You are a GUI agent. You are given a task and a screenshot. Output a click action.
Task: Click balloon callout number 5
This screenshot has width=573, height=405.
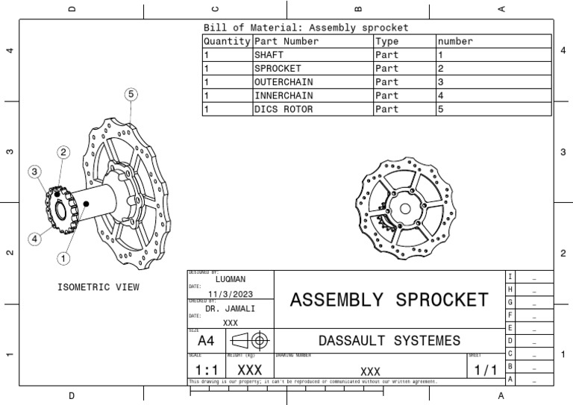[x=131, y=94]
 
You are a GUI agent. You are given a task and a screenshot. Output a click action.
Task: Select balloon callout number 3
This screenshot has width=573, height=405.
[x=34, y=172]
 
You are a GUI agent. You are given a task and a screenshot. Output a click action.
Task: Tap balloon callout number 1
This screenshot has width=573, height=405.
[x=64, y=259]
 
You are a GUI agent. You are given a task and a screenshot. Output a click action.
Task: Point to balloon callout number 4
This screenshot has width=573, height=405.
[x=34, y=239]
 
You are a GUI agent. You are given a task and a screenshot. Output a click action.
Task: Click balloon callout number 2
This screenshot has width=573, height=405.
[x=64, y=152]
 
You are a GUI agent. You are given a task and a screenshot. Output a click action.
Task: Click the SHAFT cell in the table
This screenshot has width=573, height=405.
[x=269, y=55]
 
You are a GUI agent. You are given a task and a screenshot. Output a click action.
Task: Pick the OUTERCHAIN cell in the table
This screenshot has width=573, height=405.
[x=283, y=82]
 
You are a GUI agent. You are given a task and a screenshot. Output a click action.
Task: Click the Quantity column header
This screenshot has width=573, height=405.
[x=227, y=42]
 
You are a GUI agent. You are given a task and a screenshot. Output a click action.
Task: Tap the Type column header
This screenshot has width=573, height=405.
[x=387, y=42]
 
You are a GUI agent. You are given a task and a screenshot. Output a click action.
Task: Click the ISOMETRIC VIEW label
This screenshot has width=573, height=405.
[x=98, y=287]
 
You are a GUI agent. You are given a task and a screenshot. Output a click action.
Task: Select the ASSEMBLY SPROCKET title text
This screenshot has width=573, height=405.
[x=389, y=300]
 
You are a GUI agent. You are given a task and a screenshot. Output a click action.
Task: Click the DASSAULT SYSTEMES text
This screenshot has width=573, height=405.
[x=389, y=341]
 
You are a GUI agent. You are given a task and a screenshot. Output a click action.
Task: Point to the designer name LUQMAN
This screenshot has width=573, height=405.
[x=231, y=278]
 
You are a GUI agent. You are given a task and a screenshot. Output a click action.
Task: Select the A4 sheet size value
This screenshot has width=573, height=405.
[x=206, y=341]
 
